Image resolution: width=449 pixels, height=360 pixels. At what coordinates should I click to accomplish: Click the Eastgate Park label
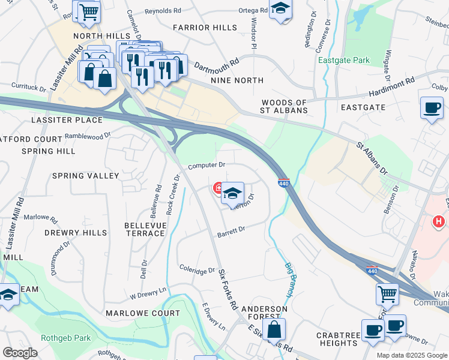(344, 61)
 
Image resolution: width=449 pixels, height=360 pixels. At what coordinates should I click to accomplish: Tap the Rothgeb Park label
(65, 338)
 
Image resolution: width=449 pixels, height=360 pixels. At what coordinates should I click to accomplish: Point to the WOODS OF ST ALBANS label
(284, 106)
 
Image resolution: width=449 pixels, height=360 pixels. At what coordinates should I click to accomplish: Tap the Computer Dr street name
(206, 165)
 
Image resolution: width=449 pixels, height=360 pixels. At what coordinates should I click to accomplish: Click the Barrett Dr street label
(231, 230)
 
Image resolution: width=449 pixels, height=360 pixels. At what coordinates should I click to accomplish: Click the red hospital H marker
(439, 221)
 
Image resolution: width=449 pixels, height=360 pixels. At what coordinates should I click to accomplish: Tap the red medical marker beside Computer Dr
(218, 190)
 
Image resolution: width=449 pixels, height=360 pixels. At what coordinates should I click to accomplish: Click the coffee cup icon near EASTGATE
(432, 108)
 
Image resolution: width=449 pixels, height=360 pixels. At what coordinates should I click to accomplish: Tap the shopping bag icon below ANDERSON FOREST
(274, 329)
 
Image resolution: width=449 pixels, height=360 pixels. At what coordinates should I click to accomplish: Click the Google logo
(20, 353)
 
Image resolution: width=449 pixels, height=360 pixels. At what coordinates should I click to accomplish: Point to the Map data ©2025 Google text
(411, 355)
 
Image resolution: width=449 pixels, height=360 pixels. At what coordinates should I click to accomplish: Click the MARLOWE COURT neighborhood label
(143, 313)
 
